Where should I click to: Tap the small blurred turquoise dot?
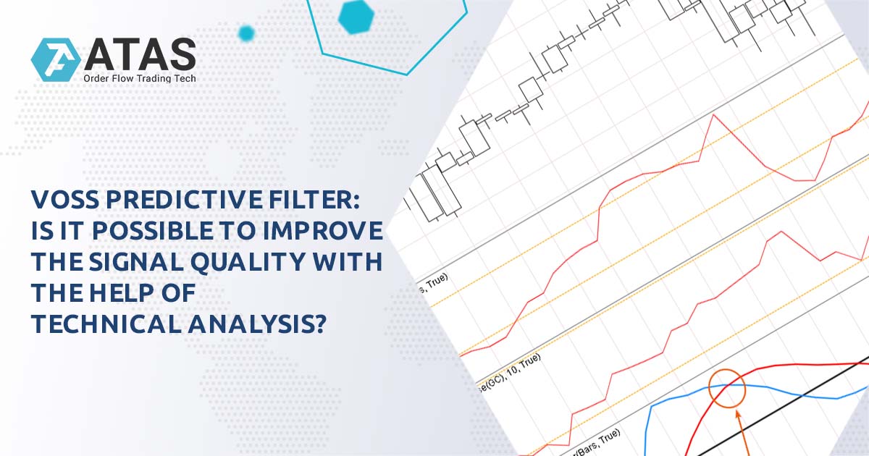click(246, 33)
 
